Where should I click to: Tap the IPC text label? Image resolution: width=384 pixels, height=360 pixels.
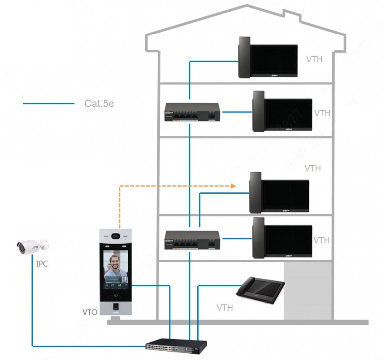coord(42,264)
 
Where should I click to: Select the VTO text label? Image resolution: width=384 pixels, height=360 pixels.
coord(90,312)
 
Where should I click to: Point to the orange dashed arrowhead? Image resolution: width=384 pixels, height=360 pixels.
coord(233,185)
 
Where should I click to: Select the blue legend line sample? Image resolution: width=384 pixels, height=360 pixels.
coord(48,104)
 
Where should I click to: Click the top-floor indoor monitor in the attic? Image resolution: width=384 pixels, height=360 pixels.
coord(267,58)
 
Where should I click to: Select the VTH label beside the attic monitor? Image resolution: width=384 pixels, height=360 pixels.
coord(314,59)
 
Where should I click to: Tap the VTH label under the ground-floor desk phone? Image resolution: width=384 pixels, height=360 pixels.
coord(225,308)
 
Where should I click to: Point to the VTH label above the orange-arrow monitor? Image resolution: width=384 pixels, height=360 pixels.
coord(312,168)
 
